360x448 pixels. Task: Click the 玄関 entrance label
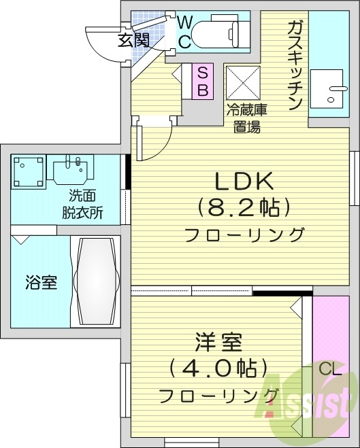[x=133, y=40]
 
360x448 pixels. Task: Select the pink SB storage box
[x=203, y=82]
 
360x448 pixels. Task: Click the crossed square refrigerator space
[x=243, y=83]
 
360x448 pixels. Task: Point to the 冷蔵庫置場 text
[x=246, y=118]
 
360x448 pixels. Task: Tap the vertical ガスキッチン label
[x=295, y=65]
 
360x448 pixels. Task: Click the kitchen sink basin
[x=327, y=88]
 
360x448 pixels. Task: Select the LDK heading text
[x=244, y=182]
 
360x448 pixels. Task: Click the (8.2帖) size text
[x=244, y=208]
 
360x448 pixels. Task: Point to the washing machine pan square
[x=29, y=172]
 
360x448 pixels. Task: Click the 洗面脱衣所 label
[x=82, y=204]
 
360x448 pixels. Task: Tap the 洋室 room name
[x=219, y=342]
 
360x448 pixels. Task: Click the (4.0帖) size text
[x=218, y=368]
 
